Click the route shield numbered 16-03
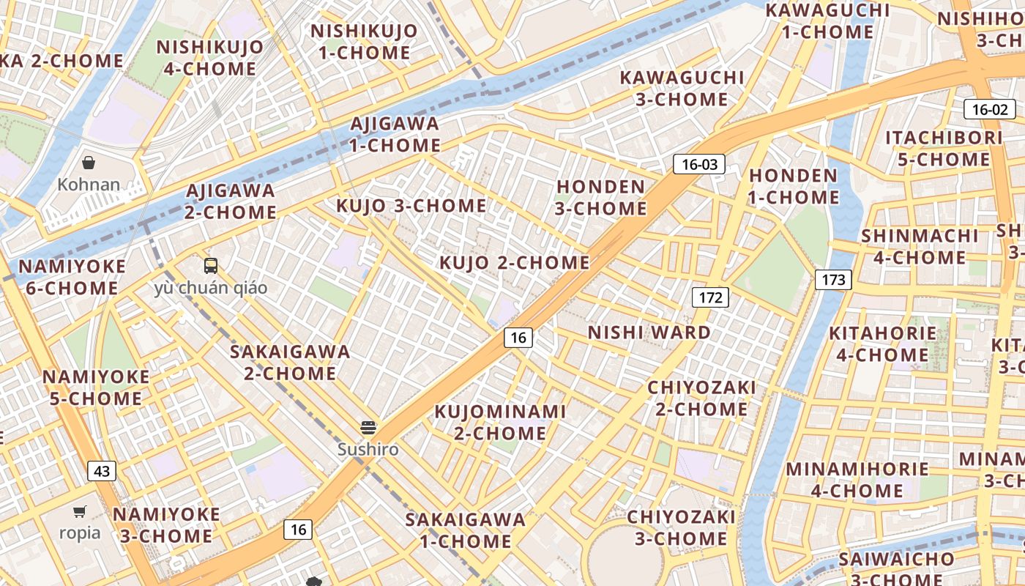click(x=699, y=164)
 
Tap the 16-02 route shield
click(x=989, y=110)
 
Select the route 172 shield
click(x=710, y=297)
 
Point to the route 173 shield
click(x=833, y=279)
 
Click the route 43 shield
click(x=102, y=471)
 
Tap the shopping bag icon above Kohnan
click(x=89, y=163)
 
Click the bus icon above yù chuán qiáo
click(x=211, y=265)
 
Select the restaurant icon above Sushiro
click(x=368, y=428)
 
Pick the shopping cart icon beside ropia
click(x=79, y=512)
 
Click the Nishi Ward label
click(x=649, y=333)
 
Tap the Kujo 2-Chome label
click(x=514, y=262)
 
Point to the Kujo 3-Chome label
click(x=411, y=206)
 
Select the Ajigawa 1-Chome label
click(x=395, y=134)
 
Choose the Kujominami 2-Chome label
click(x=500, y=422)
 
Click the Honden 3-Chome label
click(x=600, y=198)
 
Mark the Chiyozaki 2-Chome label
click(x=701, y=398)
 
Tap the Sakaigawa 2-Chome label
click(x=290, y=363)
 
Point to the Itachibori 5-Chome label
click(x=944, y=149)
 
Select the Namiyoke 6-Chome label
click(x=72, y=277)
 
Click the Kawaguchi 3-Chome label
click(x=682, y=88)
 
